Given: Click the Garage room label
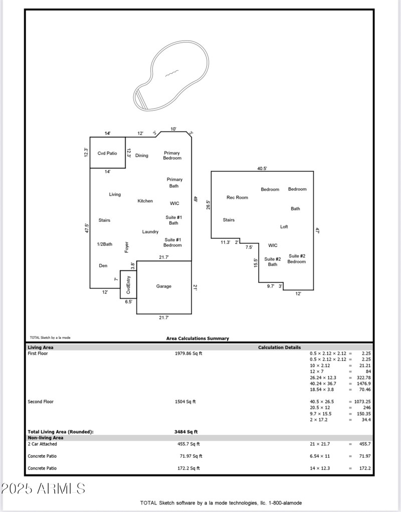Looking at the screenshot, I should [163, 286].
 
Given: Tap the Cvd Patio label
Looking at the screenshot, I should [107, 153].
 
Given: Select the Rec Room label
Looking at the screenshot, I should [237, 197].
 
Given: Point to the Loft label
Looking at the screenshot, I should [284, 226].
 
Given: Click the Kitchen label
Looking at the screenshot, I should [145, 201].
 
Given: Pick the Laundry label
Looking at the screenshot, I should [150, 231].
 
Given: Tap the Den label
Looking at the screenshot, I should [103, 266].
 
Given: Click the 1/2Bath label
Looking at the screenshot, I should [105, 244].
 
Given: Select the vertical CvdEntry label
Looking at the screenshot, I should [128, 285].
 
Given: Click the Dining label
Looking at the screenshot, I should [142, 156].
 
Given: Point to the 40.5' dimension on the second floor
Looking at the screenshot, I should [262, 169].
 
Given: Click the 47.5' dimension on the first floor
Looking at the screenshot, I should [87, 228].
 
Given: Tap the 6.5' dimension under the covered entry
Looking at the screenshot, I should [128, 302].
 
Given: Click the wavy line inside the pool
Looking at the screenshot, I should [171, 74].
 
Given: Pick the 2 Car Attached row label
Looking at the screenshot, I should [42, 444].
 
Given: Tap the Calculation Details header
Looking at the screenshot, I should [279, 347].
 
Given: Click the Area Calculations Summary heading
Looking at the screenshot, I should [197, 338].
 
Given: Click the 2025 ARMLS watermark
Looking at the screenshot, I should [43, 488].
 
